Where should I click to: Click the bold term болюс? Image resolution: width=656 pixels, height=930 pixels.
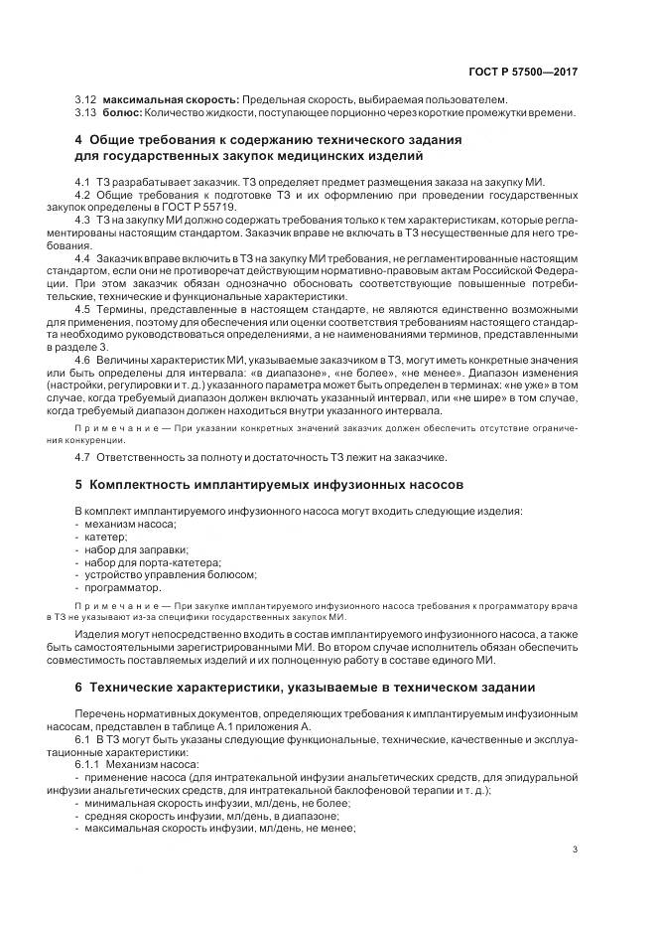pyautogui.click(x=122, y=112)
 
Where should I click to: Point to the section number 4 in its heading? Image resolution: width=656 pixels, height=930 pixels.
pyautogui.click(x=78, y=140)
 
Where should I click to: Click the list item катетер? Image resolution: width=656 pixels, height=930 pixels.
pyautogui.click(x=105, y=536)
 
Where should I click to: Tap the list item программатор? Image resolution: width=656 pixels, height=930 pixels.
pyautogui.click(x=123, y=587)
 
